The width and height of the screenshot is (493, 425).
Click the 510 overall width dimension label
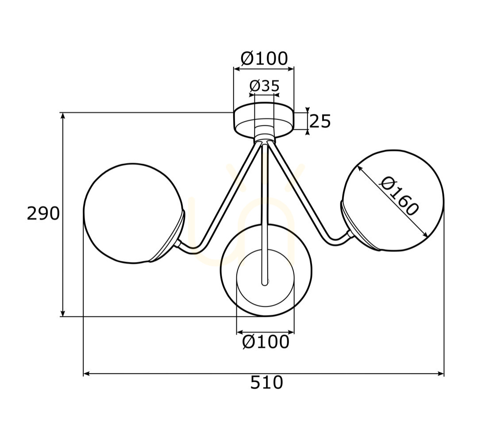pos(266,382)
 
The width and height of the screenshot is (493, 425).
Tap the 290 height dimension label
pos(43,213)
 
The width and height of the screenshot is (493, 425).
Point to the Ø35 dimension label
pos(264,85)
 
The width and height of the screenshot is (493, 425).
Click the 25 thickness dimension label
pos(320,121)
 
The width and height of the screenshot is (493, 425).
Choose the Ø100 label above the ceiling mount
pos(264,58)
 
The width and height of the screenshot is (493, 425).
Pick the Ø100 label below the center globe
pos(266,342)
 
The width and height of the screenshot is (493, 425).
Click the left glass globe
pos(133,213)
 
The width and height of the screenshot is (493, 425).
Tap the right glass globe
pos(393,201)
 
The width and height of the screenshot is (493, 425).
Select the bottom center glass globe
pos(266,270)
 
